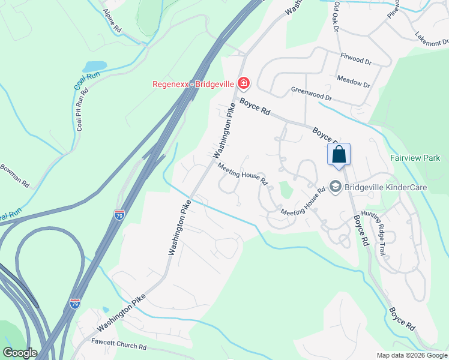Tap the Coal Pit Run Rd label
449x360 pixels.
tap(82, 109)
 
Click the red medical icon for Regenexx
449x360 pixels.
tap(243, 82)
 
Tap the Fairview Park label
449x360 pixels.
tap(415, 158)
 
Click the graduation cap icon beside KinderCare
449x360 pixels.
tap(335, 188)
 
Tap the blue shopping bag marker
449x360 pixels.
tap(339, 154)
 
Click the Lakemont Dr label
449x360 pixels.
tap(431, 39)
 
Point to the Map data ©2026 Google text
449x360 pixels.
tap(411, 355)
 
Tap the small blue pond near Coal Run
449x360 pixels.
tap(96, 66)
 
